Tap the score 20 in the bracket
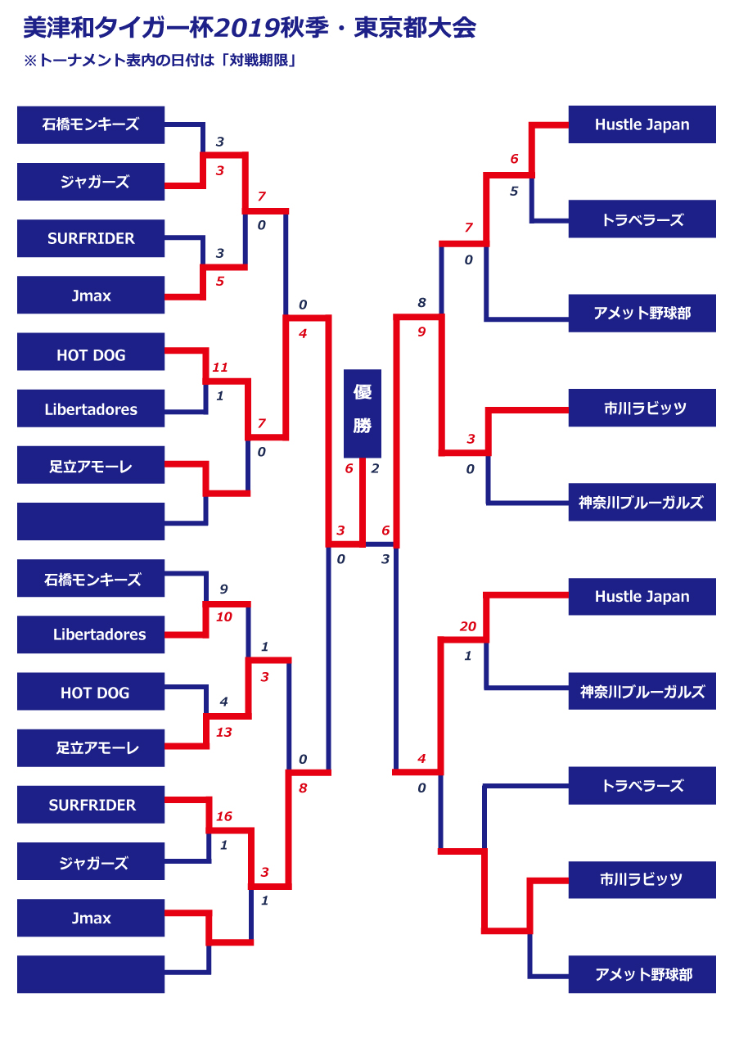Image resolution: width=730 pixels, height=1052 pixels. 467,626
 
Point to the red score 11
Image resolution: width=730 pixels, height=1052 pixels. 219,368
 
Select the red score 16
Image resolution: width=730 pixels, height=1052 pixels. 223,816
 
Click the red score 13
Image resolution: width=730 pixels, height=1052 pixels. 223,732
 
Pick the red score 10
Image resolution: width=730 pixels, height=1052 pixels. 223,616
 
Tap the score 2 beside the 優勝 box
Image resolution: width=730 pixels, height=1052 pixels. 375,468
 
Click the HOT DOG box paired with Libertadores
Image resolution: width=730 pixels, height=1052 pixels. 91,355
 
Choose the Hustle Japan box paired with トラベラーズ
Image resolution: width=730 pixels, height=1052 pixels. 642,124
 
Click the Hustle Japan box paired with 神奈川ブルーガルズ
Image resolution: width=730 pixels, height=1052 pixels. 642,596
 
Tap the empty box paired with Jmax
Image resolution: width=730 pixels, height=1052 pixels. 91,974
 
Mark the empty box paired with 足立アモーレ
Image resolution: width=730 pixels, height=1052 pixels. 91,521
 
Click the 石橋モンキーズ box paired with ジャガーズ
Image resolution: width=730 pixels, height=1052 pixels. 91,124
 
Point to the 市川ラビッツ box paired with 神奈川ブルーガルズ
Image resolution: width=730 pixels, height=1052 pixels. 642,408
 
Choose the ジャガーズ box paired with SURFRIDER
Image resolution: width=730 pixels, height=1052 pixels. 91,863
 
